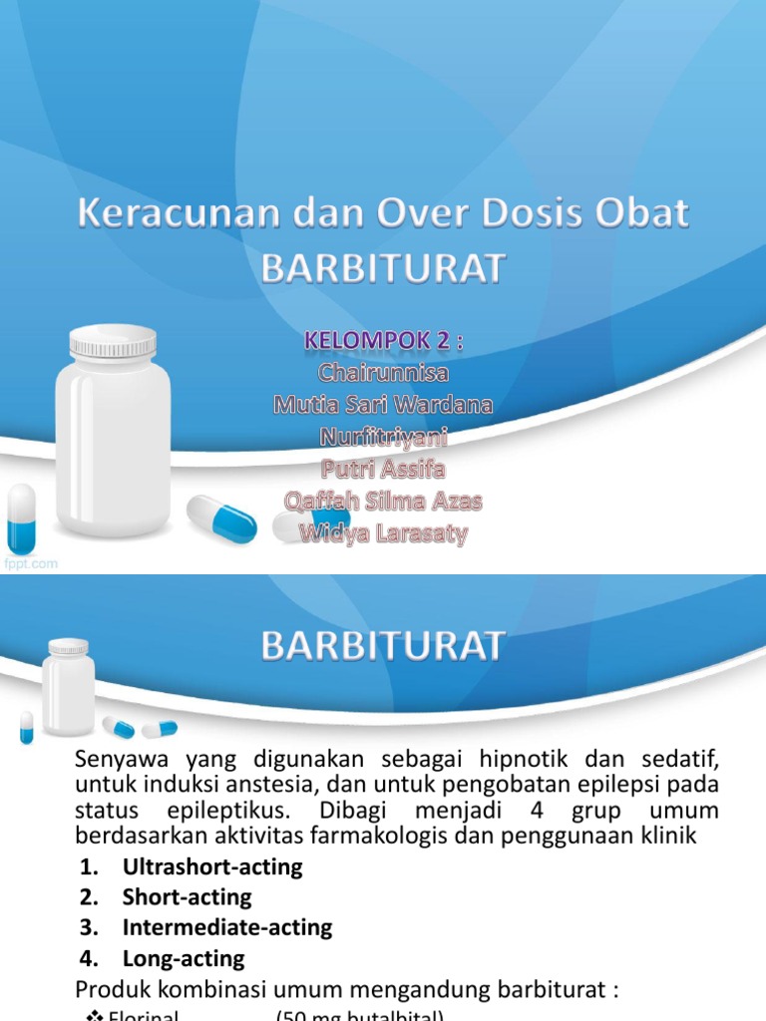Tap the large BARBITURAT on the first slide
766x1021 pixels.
pos(383,268)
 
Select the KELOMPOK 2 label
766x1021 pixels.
pos(384,342)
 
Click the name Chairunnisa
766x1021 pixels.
pos(384,373)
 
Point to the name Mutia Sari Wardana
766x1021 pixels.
pos(384,405)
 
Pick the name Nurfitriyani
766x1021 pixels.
pos(384,437)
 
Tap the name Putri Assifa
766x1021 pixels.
pos(384,469)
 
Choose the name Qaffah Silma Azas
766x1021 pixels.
pos(384,501)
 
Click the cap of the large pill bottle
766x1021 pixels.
pos(112,342)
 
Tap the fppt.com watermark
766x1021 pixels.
pos(30,563)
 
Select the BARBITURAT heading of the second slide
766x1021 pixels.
pos(383,646)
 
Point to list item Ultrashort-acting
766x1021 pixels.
pos(211,866)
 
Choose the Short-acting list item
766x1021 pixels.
pos(187,897)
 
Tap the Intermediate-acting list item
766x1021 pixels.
pos(226,928)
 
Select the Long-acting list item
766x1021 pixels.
pos(183,959)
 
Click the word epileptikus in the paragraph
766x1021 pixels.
pos(231,811)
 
